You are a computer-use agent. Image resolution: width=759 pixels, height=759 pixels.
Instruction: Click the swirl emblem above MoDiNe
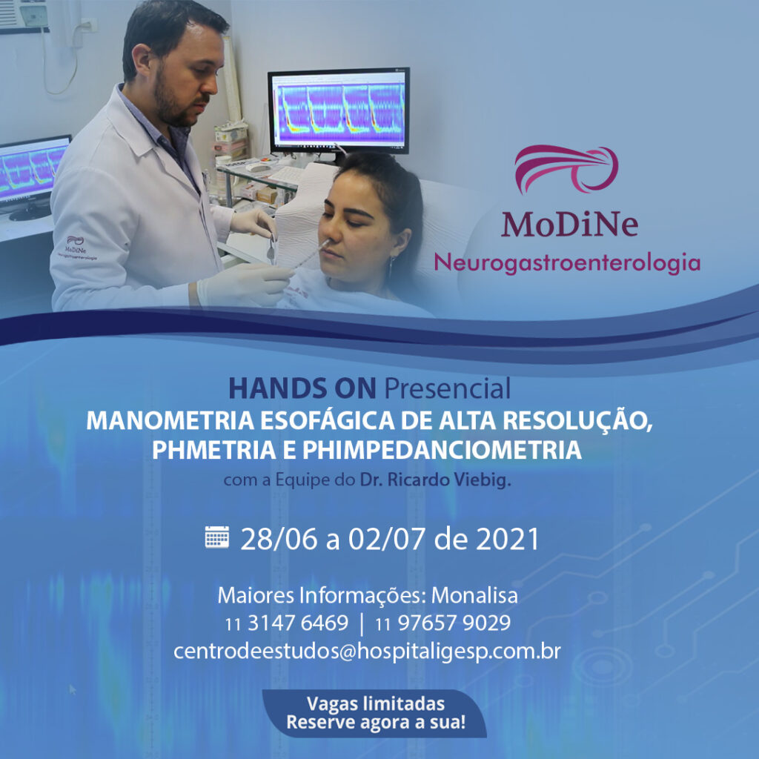(x=566, y=169)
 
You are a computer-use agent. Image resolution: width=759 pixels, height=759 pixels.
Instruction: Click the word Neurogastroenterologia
(x=567, y=263)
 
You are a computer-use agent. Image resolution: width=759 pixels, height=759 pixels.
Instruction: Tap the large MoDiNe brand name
(x=569, y=224)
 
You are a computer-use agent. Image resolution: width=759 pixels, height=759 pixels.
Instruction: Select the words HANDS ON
(x=302, y=388)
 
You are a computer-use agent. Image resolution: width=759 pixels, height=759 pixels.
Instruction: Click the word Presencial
(x=447, y=388)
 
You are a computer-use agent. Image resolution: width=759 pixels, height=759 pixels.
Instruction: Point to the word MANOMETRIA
(x=170, y=421)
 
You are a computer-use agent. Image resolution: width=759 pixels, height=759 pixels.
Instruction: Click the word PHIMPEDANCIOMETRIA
(x=442, y=450)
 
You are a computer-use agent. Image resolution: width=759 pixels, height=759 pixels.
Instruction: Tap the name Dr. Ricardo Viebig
(x=435, y=480)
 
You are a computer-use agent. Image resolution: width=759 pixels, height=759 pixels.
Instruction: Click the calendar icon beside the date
(x=217, y=537)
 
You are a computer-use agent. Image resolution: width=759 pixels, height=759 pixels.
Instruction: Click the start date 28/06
(x=279, y=539)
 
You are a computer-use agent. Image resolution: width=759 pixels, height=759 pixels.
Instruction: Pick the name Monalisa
(x=474, y=595)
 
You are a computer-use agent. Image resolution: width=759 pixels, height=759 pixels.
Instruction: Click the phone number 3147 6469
(x=298, y=623)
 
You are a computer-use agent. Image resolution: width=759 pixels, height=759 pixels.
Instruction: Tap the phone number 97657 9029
(x=454, y=623)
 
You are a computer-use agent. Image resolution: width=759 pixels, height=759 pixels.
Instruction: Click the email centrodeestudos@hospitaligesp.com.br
(x=367, y=651)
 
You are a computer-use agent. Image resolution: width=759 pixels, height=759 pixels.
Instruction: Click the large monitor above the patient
(x=339, y=110)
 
